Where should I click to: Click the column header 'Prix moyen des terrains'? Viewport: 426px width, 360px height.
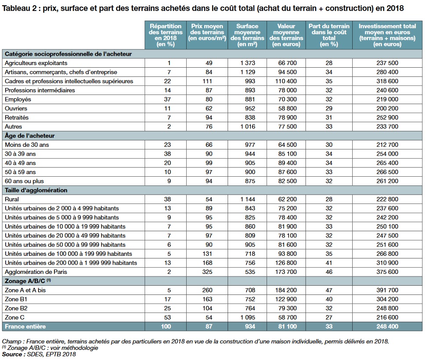click(209, 35)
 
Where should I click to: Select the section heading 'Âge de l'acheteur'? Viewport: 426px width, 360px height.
click(29, 136)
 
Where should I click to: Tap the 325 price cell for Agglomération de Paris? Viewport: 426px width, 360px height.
click(209, 272)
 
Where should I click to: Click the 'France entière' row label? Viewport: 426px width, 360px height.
click(25, 327)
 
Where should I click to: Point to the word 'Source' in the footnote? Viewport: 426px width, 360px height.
click(12, 354)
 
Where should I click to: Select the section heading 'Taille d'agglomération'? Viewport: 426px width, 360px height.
click(36, 190)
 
